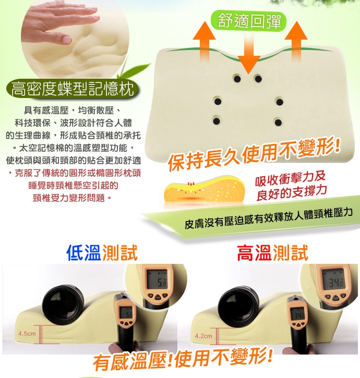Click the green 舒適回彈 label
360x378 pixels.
(x=249, y=21)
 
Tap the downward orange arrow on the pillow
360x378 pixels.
(x=249, y=53)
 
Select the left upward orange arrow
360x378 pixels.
(x=204, y=42)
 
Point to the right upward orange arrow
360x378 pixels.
(x=296, y=42)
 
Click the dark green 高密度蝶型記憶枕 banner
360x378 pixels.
(x=73, y=89)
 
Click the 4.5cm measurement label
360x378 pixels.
(x=27, y=334)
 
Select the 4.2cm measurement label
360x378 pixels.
(x=203, y=336)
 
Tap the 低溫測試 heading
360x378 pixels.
(x=102, y=253)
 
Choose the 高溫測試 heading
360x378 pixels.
(x=273, y=253)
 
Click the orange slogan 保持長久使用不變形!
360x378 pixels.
(x=254, y=153)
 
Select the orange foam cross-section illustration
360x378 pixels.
(x=204, y=190)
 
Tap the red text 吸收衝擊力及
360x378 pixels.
(x=290, y=178)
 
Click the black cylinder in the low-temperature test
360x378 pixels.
(x=63, y=304)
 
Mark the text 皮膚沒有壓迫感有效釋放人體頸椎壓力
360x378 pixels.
(x=268, y=218)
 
